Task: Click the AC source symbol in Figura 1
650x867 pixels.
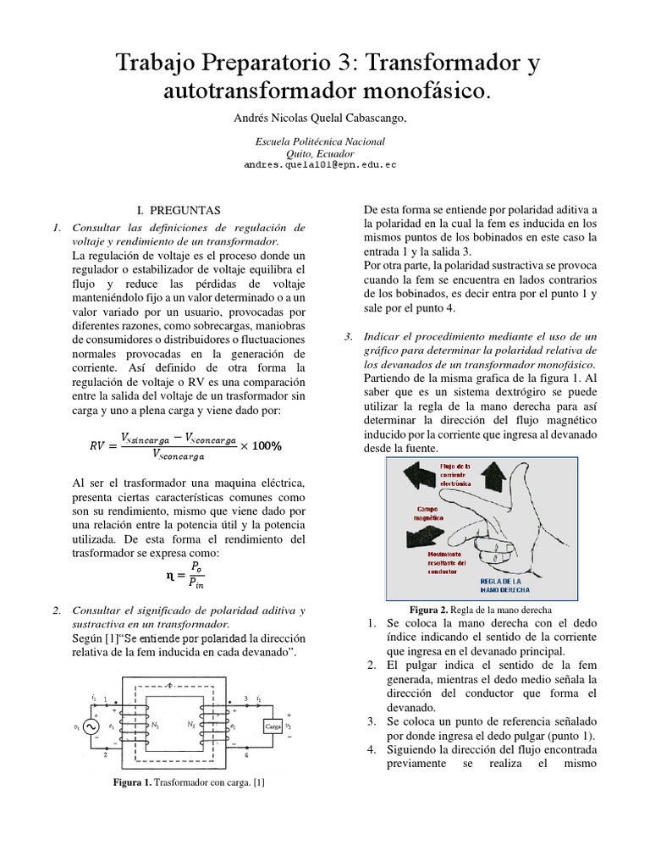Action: coord(88,727)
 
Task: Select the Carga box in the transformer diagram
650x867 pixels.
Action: coord(273,726)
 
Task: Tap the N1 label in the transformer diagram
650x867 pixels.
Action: coord(156,726)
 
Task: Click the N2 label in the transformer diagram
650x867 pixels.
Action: coord(190,726)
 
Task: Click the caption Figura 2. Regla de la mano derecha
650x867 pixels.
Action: coord(480,609)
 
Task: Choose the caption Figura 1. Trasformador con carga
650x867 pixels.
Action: coord(189,782)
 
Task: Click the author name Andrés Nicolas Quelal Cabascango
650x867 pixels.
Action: coord(319,119)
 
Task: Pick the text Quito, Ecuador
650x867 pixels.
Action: coord(319,153)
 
